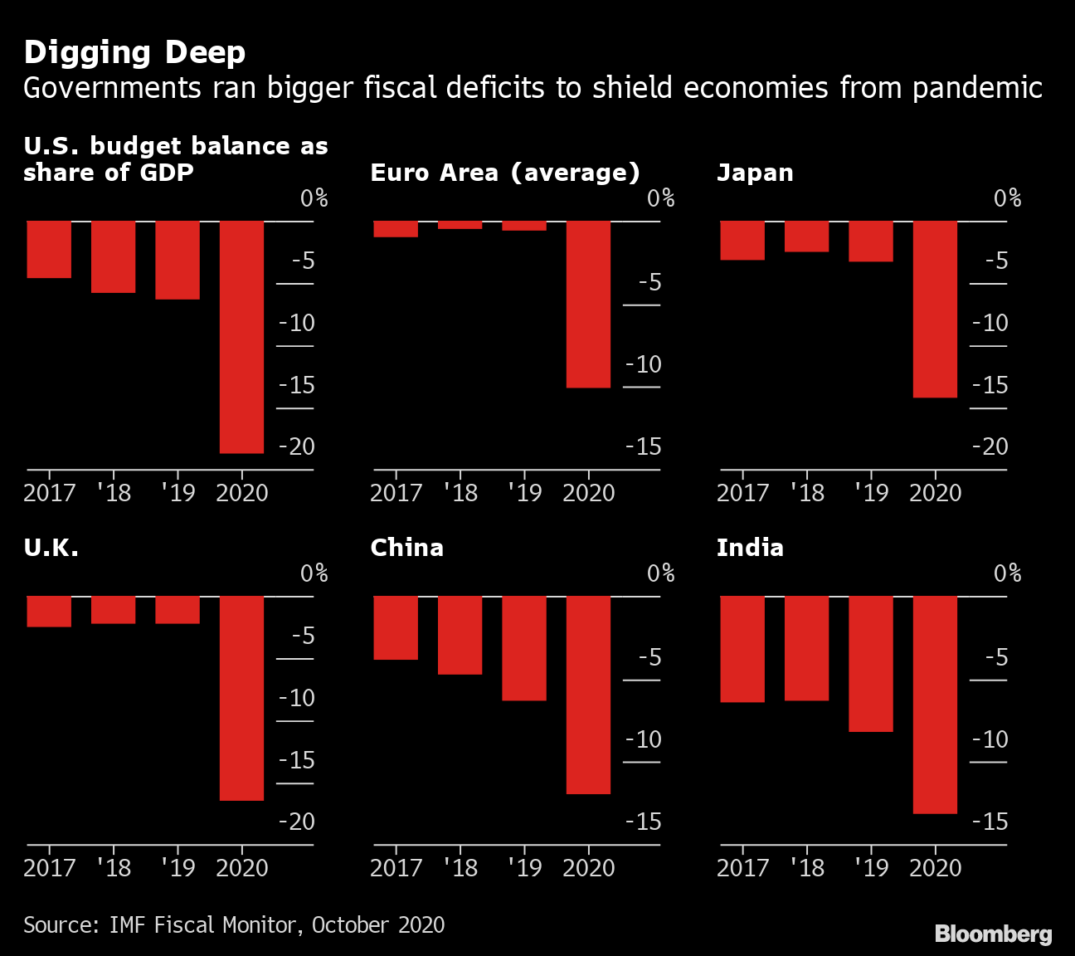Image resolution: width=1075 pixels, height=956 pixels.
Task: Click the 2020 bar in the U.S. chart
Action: coord(241,336)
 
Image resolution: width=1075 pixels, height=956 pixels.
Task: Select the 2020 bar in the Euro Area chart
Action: coord(588,304)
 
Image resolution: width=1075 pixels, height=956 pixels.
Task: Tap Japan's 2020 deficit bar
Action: coord(935,309)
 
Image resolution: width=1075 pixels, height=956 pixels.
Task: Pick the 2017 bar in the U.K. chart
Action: coord(49,611)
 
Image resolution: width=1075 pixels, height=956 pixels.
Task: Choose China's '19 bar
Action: coord(524,648)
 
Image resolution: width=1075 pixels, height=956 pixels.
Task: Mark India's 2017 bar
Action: coord(742,649)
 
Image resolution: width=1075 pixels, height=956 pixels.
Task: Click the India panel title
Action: coord(750,548)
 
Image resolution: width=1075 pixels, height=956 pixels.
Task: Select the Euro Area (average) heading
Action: coord(505,173)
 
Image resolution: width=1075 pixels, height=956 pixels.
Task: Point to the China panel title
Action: coord(406,548)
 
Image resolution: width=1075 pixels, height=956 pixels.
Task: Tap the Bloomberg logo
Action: coord(993,934)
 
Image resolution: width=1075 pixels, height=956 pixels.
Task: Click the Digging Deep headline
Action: coord(134,52)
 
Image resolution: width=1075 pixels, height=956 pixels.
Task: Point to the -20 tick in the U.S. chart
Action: coord(297,446)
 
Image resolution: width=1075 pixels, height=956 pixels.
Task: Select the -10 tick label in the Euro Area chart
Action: coord(644,364)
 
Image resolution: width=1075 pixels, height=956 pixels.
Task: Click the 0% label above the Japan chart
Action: coord(1007,198)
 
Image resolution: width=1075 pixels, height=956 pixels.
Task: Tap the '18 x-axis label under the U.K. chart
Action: coord(114,867)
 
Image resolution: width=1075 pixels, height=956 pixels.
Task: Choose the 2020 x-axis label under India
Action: coord(935,867)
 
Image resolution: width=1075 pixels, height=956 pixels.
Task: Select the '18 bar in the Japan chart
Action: coord(806,237)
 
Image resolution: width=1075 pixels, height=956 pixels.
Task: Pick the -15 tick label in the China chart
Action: coord(644,822)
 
